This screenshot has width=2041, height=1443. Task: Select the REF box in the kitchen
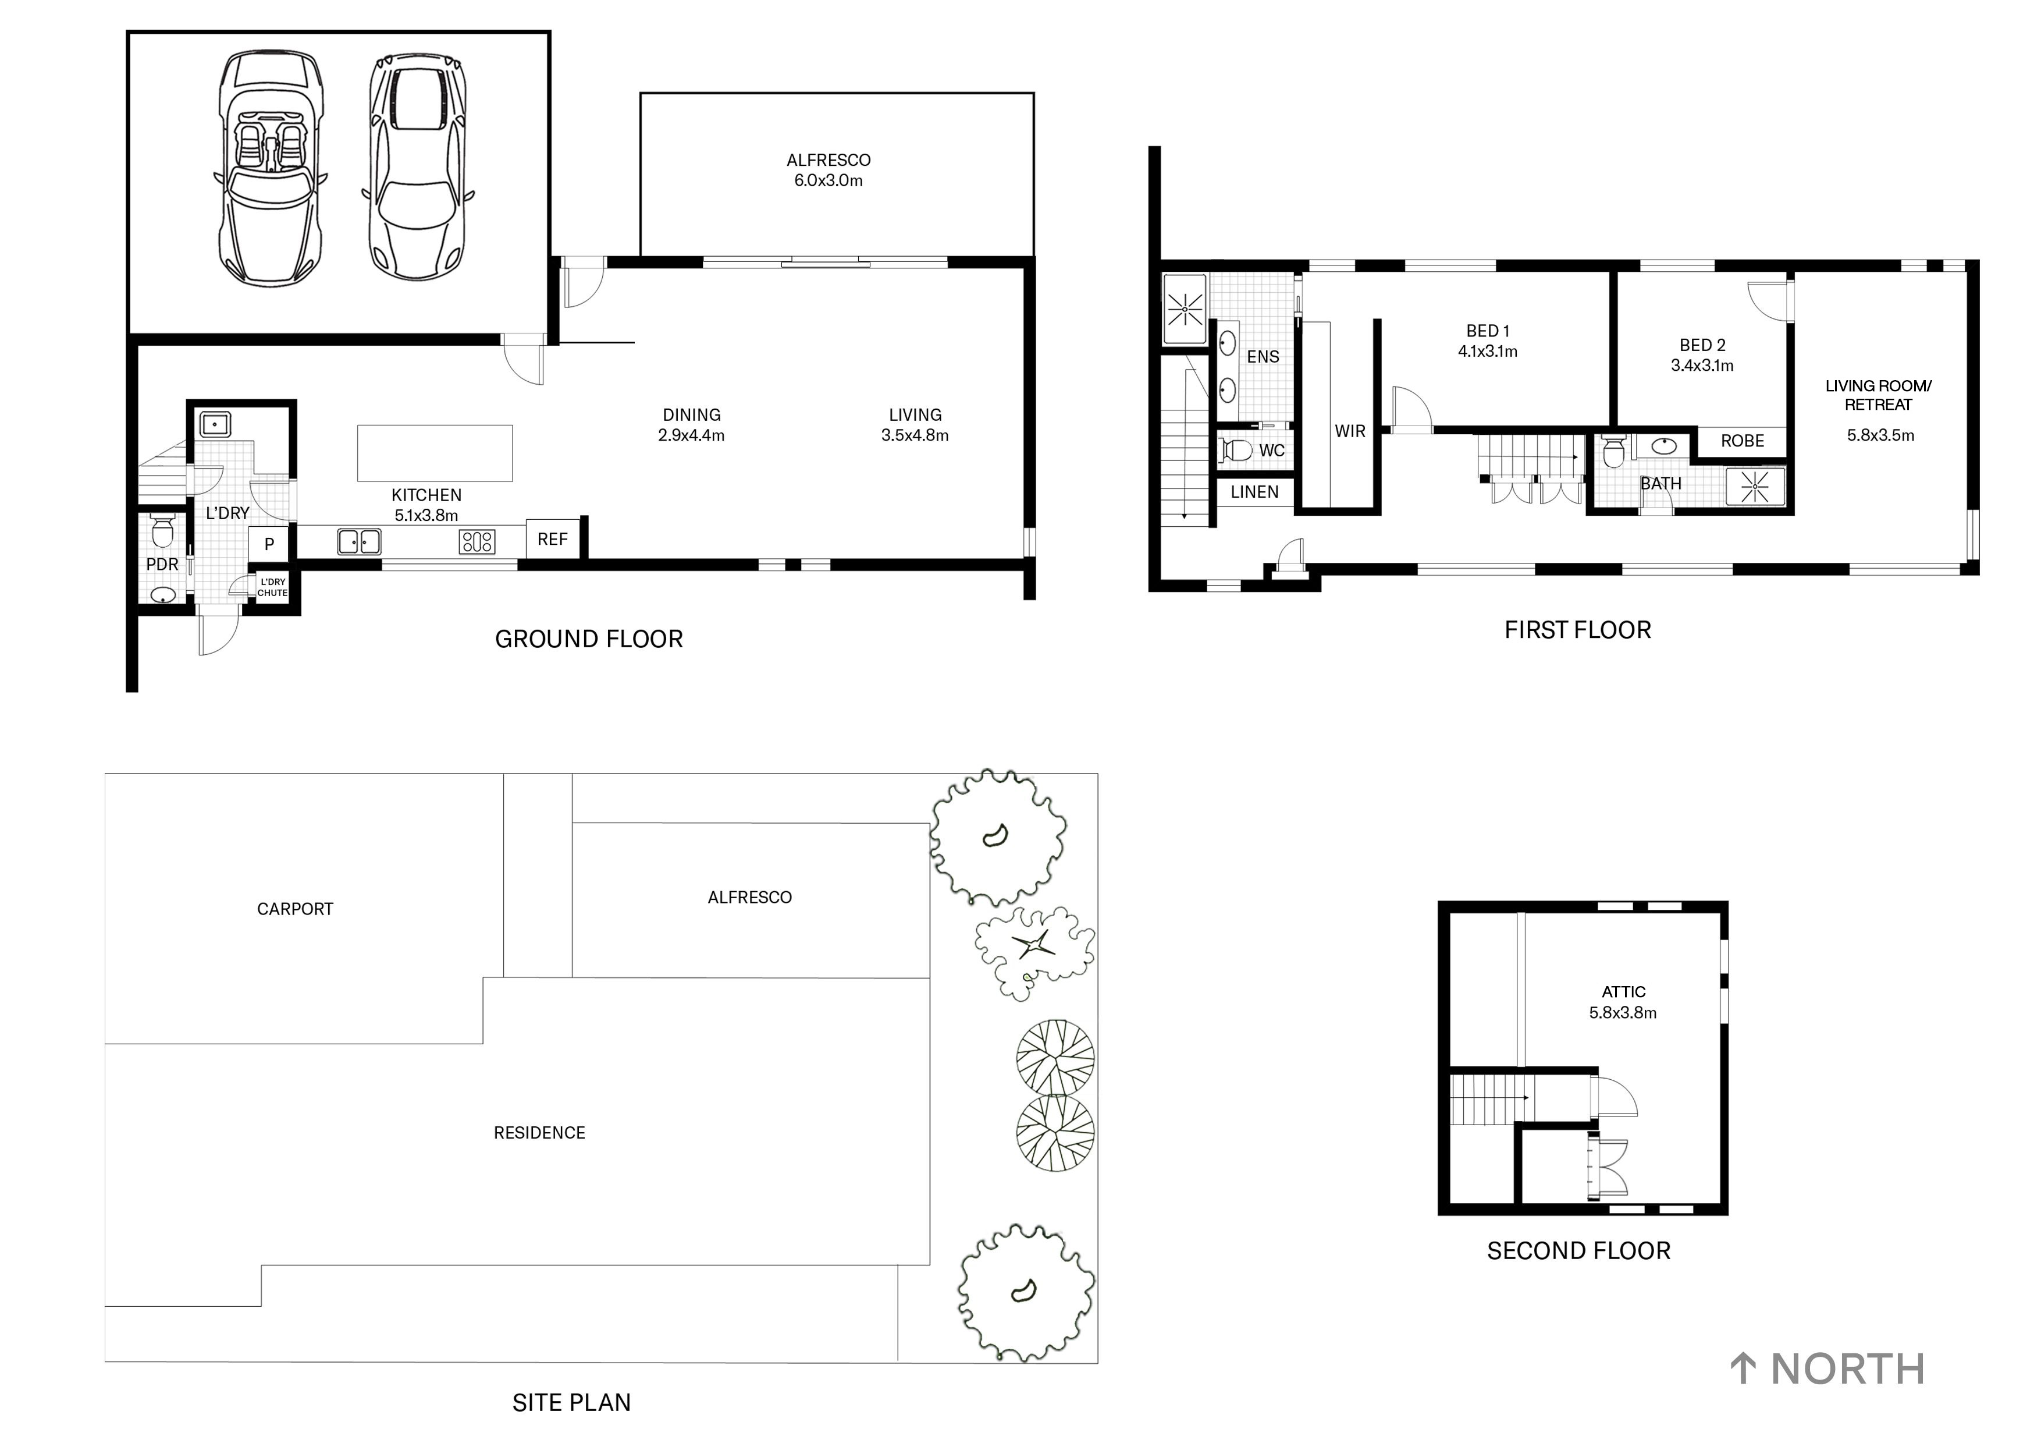[x=552, y=539]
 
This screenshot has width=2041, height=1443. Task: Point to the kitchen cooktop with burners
[x=477, y=541]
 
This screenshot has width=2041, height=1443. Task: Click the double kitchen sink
[x=359, y=541]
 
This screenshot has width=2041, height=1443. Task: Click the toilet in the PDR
[x=162, y=531]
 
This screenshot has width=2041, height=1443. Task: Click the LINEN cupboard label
[x=1254, y=492]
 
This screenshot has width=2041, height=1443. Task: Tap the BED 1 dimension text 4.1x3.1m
[x=1487, y=351]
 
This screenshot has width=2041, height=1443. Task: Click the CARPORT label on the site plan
[x=294, y=909]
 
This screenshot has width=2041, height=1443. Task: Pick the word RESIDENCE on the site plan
[x=539, y=1133]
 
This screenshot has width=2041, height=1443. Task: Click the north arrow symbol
[x=1743, y=1368]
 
